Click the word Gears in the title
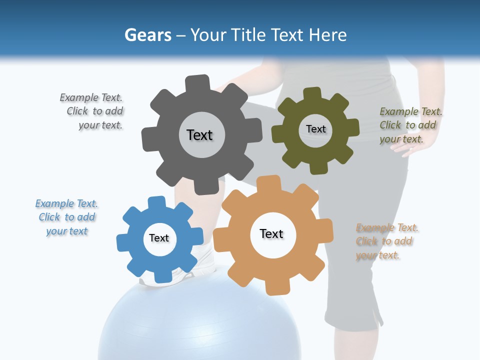[147, 35]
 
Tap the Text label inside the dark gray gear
[199, 135]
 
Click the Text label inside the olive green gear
[315, 129]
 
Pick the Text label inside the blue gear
[159, 238]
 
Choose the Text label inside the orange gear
[271, 233]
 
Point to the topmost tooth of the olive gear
[312, 93]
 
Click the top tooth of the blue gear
[157, 202]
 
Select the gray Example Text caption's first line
[91, 97]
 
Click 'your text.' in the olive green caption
[401, 139]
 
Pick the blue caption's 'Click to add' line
[67, 217]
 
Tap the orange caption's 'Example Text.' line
[387, 228]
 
